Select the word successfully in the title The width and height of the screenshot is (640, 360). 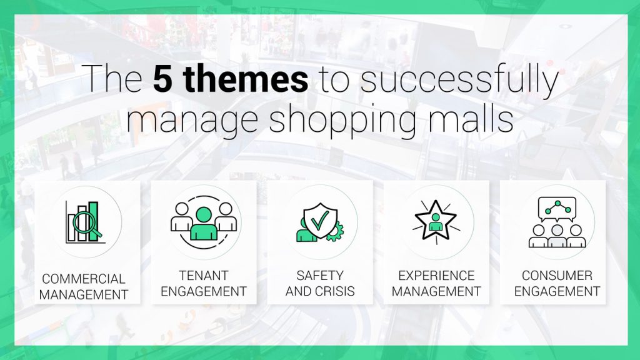[459, 81]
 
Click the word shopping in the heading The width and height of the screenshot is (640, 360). [342, 119]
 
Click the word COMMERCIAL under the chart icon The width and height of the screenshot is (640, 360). [84, 279]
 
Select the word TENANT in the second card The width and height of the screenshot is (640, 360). [204, 276]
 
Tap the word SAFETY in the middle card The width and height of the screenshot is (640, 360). [320, 276]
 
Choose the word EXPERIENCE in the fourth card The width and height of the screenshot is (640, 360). [436, 276]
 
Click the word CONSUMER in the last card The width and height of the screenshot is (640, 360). [557, 276]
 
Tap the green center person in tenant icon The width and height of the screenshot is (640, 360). [204, 224]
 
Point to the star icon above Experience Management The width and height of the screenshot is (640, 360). [436, 221]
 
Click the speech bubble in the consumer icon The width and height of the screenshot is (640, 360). [557, 209]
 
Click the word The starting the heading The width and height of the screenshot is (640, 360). [114, 78]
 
